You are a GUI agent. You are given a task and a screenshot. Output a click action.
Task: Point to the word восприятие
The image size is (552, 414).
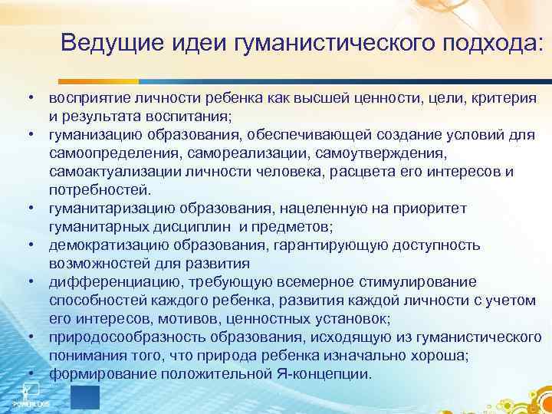click(x=87, y=100)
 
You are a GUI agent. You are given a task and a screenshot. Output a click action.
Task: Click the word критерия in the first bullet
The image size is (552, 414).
click(x=506, y=100)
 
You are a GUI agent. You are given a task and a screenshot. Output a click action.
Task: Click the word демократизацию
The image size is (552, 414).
click(x=102, y=245)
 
